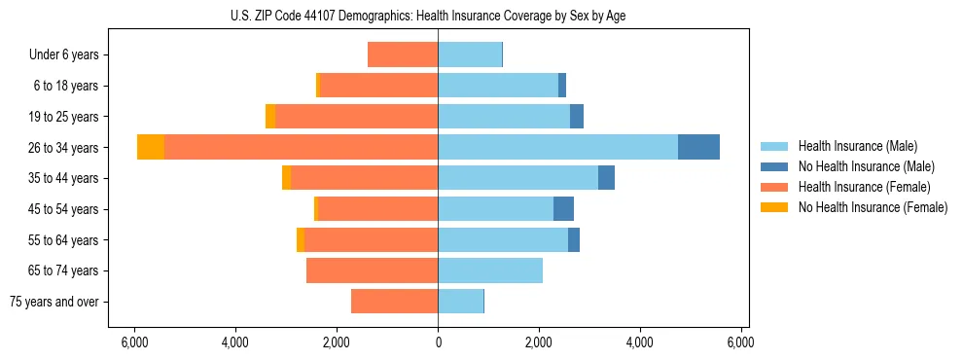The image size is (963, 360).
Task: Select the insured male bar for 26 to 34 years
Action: (x=557, y=147)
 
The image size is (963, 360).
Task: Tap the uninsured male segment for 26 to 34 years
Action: (x=698, y=147)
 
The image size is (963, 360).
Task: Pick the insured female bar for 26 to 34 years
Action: (x=301, y=147)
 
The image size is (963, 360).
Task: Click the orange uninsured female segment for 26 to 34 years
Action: (x=151, y=147)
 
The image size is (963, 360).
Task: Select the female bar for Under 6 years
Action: (x=403, y=54)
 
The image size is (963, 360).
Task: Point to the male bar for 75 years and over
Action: (x=460, y=302)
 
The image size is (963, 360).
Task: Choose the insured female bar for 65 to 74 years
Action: (x=372, y=270)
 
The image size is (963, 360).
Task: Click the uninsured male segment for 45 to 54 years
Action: (x=563, y=209)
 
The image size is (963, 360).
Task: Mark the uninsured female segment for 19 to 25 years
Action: (x=270, y=117)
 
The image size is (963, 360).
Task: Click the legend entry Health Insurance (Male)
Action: (x=856, y=146)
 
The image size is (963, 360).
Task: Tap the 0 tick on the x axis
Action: (x=438, y=342)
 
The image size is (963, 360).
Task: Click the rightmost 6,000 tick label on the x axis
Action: (x=740, y=342)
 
